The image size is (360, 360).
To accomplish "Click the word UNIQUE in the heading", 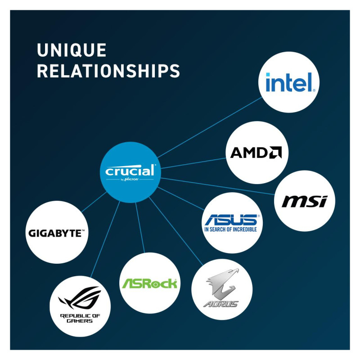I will (72, 50).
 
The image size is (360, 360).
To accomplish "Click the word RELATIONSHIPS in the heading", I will (108, 71).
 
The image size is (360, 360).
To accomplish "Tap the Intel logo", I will (290, 82).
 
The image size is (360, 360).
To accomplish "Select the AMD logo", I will (256, 153).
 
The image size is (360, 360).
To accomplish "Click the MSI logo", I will (304, 201).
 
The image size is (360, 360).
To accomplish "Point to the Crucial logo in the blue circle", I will (130, 171).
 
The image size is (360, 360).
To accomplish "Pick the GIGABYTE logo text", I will (56, 233).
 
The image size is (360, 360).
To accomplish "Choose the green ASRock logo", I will (149, 283).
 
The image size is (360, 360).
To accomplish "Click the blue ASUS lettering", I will (230, 220).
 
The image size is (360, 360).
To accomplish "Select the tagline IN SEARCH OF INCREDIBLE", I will (230, 229).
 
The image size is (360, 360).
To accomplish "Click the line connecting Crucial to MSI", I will (220, 186).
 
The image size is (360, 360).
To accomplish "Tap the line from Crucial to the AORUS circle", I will (175, 229).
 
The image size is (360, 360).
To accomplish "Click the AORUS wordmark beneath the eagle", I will (220, 304).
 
